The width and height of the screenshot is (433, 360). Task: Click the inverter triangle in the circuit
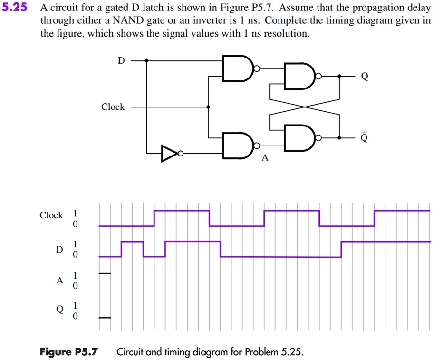click(x=169, y=154)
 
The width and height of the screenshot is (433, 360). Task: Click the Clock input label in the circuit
click(x=113, y=107)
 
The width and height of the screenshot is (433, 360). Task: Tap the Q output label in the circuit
click(x=364, y=77)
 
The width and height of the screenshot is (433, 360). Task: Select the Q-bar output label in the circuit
click(x=364, y=138)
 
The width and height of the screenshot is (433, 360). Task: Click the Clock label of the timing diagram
click(x=51, y=215)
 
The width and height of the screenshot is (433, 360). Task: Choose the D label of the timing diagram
click(x=59, y=249)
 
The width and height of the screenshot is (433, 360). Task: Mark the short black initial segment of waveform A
click(x=105, y=273)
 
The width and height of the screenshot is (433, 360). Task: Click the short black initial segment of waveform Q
click(x=105, y=317)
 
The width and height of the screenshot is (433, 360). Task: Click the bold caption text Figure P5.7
click(x=69, y=352)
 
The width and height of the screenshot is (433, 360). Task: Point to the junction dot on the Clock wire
click(x=208, y=107)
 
